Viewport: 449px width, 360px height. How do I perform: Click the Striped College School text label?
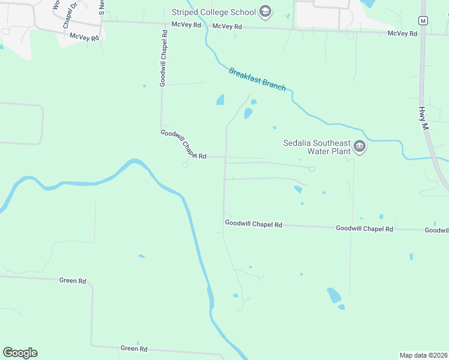tap(213, 12)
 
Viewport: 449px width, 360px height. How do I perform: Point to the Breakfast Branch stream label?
tap(258, 79)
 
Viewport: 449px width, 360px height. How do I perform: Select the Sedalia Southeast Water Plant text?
tap(316, 147)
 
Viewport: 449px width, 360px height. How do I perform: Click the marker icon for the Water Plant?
tap(360, 146)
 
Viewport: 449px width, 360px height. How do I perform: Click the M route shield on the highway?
tap(423, 20)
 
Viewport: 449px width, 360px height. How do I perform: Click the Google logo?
tap(20, 353)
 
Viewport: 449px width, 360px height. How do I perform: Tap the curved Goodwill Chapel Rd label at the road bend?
tap(183, 145)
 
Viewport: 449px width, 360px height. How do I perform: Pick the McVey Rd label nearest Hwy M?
tap(402, 34)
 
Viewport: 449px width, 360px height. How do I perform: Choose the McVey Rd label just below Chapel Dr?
tap(84, 37)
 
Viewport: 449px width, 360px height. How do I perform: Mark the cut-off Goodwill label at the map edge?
tap(436, 230)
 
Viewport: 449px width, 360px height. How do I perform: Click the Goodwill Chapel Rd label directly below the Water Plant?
tap(364, 229)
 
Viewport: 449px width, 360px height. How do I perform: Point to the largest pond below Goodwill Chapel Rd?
tap(334, 295)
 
